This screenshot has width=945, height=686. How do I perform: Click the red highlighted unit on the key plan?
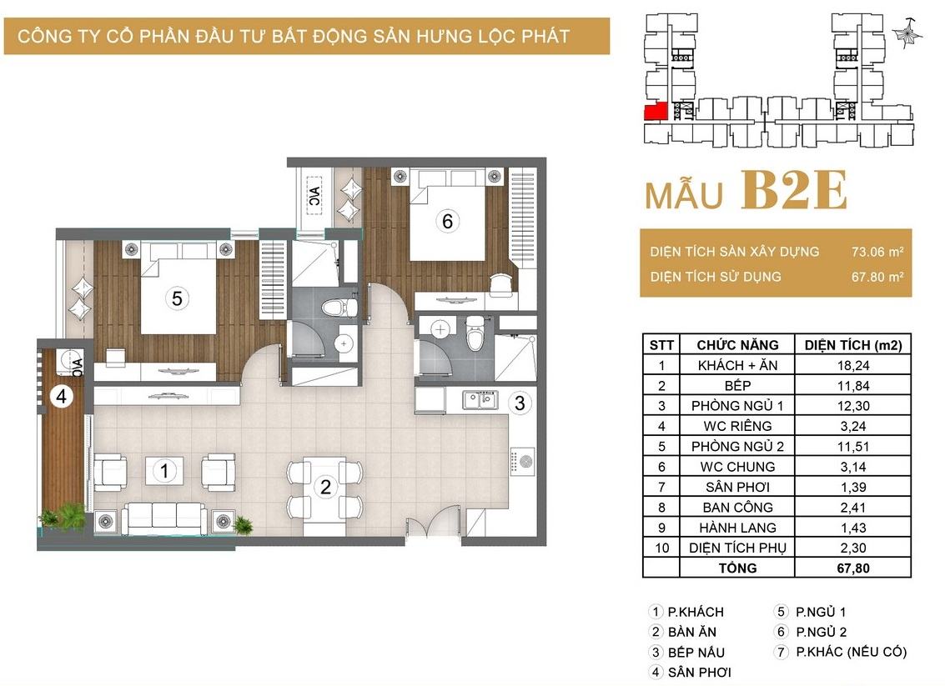tap(656, 112)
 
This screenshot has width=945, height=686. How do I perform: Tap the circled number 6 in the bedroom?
tap(447, 221)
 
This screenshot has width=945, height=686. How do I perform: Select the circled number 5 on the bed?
tap(177, 298)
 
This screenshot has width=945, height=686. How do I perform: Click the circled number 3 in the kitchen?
tap(520, 403)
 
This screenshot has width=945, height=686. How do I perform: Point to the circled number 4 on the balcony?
tap(61, 396)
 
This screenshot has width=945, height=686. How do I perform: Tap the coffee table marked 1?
tap(164, 470)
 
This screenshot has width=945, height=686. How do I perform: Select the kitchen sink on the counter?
tap(480, 400)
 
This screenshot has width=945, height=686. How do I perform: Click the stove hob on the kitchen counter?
tap(522, 462)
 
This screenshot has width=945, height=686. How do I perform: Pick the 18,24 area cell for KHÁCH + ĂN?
tap(852, 365)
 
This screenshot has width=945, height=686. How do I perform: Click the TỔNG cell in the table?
tap(737, 568)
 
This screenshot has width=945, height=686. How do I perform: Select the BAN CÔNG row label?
tap(737, 507)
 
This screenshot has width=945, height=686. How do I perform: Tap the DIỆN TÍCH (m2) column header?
tap(853, 345)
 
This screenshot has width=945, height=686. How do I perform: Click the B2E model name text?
tap(794, 190)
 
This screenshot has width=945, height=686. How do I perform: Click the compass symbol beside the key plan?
tap(907, 33)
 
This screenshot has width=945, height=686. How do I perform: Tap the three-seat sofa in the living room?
tap(164, 517)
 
